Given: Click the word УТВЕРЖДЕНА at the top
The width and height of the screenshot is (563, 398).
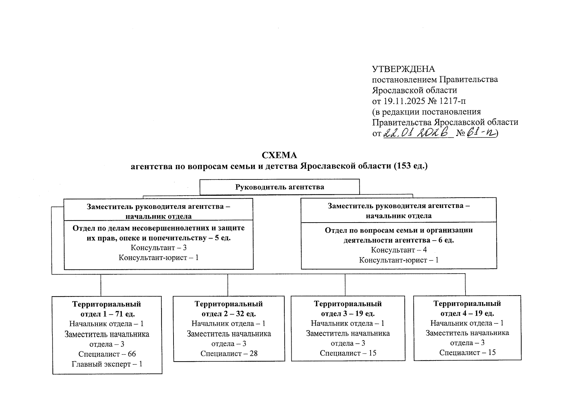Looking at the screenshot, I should click(403, 69).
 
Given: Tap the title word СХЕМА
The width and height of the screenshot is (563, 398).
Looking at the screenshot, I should click(279, 155).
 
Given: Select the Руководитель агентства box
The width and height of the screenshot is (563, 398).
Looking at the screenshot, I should click(279, 187).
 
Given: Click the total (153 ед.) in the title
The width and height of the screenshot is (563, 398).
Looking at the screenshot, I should click(411, 166).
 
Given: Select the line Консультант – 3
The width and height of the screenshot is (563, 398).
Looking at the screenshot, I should click(159, 247).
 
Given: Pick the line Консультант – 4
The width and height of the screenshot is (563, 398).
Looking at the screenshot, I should click(399, 250).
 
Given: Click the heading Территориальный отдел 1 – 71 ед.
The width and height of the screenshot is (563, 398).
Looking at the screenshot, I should click(107, 309).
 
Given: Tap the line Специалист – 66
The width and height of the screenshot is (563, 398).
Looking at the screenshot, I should click(107, 354).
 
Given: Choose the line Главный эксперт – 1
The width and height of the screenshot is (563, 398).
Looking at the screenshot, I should click(107, 364).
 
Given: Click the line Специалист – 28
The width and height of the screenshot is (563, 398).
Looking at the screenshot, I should click(229, 353).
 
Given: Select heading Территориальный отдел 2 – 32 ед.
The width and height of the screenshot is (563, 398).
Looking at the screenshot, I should click(229, 308).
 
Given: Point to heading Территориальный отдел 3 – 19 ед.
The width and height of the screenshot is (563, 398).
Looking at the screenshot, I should click(348, 308).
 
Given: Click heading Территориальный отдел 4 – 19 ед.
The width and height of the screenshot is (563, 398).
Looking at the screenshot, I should click(467, 308).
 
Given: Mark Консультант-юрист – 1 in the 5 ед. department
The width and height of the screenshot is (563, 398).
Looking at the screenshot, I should click(159, 257).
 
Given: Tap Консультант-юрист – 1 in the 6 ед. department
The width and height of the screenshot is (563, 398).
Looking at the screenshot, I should click(399, 260).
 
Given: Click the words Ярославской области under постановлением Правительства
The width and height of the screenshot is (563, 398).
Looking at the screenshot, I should click(414, 90).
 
